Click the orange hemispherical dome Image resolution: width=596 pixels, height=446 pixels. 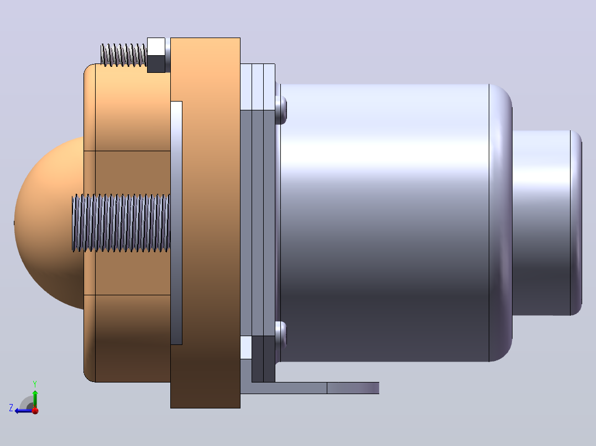48,222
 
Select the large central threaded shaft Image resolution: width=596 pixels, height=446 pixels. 121,223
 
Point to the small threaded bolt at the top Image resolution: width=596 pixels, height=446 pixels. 123,55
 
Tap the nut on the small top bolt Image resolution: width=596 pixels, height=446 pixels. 156,55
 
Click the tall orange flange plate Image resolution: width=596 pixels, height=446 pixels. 205,223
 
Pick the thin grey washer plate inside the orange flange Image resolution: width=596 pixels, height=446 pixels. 176,223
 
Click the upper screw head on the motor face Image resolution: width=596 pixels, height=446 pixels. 281,110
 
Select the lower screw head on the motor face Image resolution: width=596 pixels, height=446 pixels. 281,336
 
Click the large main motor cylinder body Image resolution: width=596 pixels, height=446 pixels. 384,223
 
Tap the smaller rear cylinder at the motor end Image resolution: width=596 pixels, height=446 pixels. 547,223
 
